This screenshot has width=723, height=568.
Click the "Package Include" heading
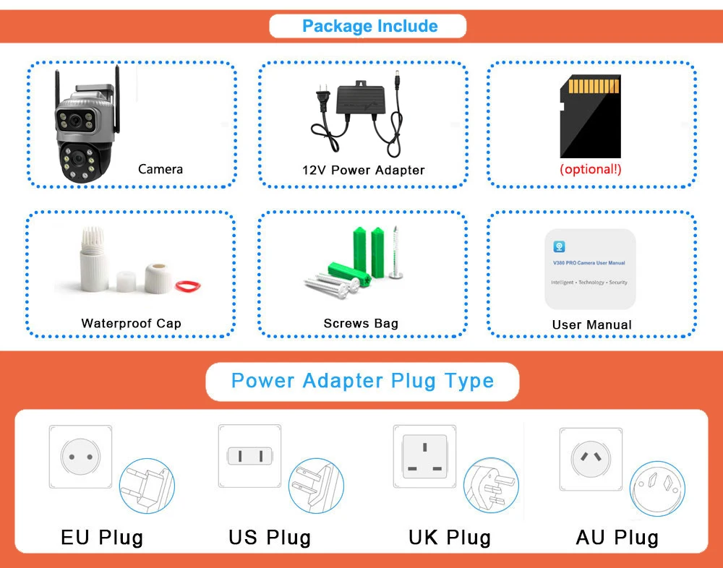click(x=369, y=27)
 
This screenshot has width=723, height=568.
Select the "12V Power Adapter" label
click(x=363, y=171)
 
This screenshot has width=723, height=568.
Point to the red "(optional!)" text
click(x=591, y=170)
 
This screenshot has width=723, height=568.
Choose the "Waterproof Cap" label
click(x=131, y=323)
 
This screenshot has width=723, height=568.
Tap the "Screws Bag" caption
click(x=361, y=323)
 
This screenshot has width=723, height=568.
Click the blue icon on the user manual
click(x=559, y=246)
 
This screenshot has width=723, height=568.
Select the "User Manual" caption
click(x=591, y=324)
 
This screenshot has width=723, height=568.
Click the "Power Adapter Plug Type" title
click(x=362, y=381)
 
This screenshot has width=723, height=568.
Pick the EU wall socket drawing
click(x=80, y=457)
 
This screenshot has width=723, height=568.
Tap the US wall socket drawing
click(x=249, y=456)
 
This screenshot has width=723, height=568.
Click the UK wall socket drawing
click(x=424, y=456)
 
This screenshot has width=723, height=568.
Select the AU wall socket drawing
click(x=591, y=457)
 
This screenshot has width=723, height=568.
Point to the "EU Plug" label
click(x=102, y=538)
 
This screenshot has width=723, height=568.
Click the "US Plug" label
click(x=270, y=538)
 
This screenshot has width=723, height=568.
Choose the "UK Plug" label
click(x=449, y=538)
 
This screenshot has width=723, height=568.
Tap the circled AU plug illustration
click(x=657, y=488)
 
